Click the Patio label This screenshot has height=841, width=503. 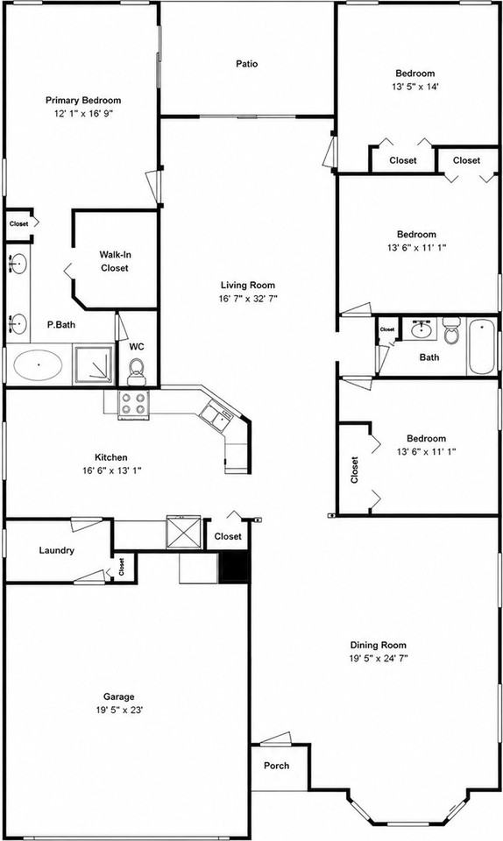click(246, 64)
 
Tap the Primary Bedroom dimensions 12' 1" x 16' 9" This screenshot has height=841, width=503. click(83, 113)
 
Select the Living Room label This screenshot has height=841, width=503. click(248, 286)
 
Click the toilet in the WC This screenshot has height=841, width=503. click(137, 371)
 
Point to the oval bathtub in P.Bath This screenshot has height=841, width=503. click(38, 364)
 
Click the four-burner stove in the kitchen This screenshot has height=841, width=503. click(133, 403)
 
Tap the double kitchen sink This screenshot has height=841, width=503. click(216, 414)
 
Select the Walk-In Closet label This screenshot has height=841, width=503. click(115, 261)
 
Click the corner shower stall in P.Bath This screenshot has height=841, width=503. click(94, 364)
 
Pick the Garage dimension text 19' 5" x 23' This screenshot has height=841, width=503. click(119, 710)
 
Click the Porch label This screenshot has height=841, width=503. click(277, 766)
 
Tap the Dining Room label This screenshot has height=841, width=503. click(378, 646)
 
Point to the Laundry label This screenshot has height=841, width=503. click(56, 550)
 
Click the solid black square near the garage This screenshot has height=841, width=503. click(235, 567)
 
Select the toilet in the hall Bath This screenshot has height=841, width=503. click(451, 331)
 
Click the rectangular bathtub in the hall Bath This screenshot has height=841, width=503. click(482, 347)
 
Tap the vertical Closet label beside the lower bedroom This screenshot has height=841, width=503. click(354, 470)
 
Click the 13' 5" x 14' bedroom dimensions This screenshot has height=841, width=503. click(415, 87)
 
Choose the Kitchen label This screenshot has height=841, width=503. click(111, 457)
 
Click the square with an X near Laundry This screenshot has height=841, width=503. click(183, 532)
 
